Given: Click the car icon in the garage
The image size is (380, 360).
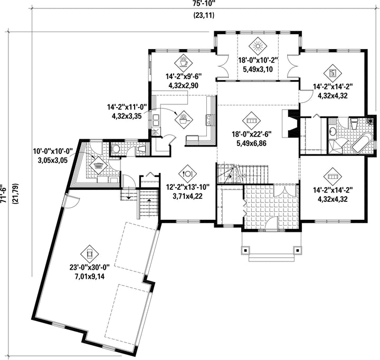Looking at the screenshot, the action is pos(90,254).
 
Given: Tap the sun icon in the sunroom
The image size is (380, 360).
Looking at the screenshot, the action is pos(258,46).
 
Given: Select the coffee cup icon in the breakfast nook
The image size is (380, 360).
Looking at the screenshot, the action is pos(184,63).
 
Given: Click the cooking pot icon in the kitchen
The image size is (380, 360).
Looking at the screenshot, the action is pos(184,120).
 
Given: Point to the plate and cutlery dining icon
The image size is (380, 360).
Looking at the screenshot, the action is pos(187,173).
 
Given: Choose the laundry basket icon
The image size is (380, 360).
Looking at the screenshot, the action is pos(98,165).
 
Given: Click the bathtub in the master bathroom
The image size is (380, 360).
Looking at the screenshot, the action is pos(362,143).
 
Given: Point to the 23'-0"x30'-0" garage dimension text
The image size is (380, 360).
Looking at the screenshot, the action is pos(90,268).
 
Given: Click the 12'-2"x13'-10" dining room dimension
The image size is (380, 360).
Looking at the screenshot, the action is pos(187,187).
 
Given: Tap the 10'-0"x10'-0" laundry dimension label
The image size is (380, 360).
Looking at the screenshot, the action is pos(53,152).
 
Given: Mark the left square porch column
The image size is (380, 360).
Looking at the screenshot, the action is pos(245,250).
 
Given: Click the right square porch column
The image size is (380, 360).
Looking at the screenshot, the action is pos(298,250).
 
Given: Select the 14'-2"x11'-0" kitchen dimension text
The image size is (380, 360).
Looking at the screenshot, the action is pos(127,107).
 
